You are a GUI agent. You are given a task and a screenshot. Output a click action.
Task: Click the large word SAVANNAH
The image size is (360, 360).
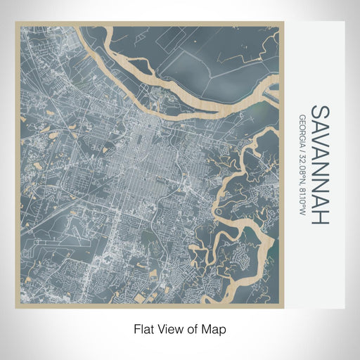pos(319,165)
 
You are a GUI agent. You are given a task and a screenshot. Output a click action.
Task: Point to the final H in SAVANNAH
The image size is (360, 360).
pos(319,217)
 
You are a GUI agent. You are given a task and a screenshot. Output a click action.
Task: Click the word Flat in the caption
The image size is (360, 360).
pos(143,328)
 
